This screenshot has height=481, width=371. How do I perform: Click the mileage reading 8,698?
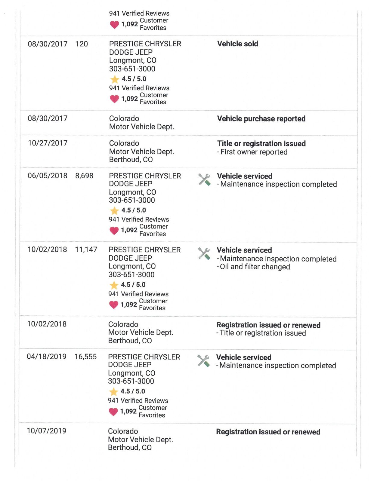point(84,176)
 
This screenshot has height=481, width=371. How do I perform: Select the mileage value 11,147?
point(86,250)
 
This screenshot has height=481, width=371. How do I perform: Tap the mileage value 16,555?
point(85,357)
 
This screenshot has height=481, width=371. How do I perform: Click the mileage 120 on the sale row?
point(82,44)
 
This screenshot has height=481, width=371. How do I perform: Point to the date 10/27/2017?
point(48,143)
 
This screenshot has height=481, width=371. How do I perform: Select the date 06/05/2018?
point(48,176)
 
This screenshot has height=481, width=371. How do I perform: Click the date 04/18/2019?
point(47,357)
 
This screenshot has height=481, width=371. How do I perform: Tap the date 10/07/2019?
point(47,431)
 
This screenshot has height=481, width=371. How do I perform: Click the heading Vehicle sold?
point(237,44)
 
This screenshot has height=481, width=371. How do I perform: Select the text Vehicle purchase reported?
point(261,119)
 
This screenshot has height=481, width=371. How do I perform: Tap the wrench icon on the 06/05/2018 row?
point(204,180)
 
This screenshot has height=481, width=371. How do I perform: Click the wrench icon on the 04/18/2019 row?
point(203,361)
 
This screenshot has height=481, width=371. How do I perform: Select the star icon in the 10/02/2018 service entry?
point(114,285)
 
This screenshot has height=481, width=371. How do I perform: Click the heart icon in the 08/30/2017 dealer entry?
point(114,99)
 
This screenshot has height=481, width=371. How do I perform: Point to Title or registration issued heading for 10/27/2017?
point(261,144)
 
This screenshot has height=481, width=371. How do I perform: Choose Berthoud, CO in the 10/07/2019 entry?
point(130,448)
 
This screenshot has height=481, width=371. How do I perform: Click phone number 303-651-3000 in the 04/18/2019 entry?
point(131,381)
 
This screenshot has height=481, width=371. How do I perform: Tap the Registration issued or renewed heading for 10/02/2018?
point(268,325)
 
